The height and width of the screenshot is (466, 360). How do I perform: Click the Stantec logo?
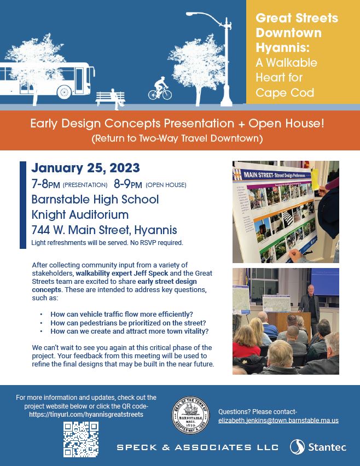tap(317, 447)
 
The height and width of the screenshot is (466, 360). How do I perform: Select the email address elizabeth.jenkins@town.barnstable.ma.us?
tap(278, 421)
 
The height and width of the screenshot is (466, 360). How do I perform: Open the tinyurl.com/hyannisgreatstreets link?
tap(86, 415)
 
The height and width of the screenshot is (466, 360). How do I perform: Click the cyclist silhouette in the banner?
tap(160, 89)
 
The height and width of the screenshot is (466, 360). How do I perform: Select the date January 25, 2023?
tap(86, 167)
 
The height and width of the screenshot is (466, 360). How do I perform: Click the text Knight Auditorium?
tap(80, 214)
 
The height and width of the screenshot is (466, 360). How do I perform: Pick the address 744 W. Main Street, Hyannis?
tap(104, 230)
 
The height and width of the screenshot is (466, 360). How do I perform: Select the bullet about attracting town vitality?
tap(129, 331)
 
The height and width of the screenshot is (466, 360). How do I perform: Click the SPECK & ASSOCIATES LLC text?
tap(198, 447)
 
